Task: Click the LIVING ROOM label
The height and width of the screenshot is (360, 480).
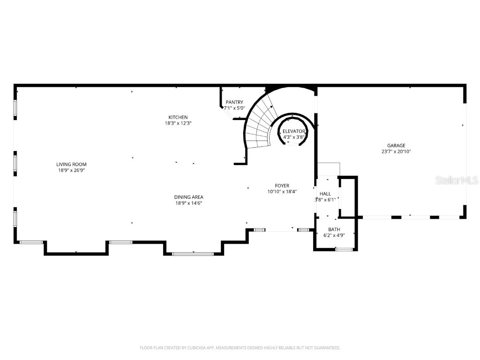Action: (71, 165)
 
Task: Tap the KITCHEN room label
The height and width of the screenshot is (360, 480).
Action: (178, 117)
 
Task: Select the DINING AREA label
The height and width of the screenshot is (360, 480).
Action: (189, 197)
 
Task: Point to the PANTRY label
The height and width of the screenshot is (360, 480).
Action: (234, 102)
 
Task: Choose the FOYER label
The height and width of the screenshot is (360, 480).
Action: (282, 186)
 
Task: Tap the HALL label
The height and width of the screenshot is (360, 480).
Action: (325, 194)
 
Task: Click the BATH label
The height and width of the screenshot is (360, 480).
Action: (334, 229)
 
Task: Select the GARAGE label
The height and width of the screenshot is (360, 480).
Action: (396, 146)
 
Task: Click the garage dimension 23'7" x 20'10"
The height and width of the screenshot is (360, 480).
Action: (396, 151)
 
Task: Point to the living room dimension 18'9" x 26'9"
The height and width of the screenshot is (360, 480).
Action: (71, 170)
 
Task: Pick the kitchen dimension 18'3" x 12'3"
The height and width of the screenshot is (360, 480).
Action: (178, 123)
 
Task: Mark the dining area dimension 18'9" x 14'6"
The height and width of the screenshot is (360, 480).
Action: (189, 203)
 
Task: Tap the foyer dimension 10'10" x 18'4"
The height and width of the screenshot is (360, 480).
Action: (282, 191)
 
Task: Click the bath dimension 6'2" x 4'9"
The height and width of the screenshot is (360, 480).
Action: (334, 235)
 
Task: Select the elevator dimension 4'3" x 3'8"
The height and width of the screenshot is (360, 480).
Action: (294, 137)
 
